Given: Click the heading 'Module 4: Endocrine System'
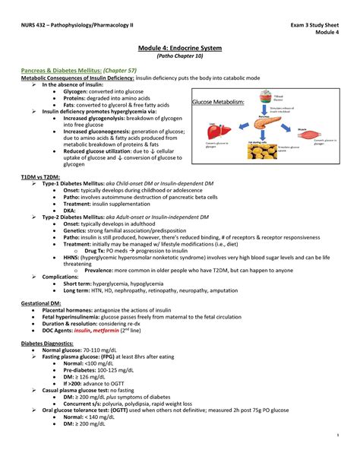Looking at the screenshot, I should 179,48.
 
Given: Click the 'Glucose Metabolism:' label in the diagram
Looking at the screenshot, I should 217,101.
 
